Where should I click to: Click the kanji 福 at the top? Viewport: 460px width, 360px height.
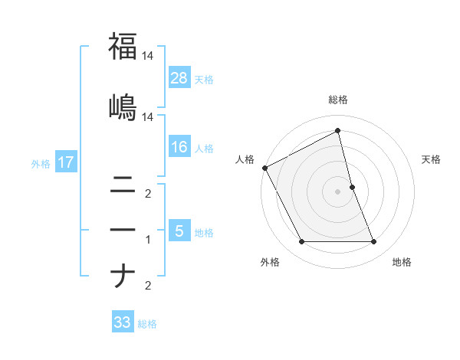pyautogui.click(x=123, y=46)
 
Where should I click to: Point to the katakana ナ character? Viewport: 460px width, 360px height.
pyautogui.click(x=123, y=275)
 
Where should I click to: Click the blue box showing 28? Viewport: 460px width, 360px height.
pyautogui.click(x=179, y=78)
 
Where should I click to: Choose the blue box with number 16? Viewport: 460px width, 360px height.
pyautogui.click(x=179, y=148)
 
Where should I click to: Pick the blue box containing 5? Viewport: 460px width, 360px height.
pyautogui.click(x=179, y=231)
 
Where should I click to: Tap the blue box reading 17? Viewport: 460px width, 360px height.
pyautogui.click(x=65, y=162)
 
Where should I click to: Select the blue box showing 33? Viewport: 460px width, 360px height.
pyautogui.click(x=123, y=322)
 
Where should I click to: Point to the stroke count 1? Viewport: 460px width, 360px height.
pyautogui.click(x=148, y=240)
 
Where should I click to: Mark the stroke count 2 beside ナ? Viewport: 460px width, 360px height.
pyautogui.click(x=148, y=286)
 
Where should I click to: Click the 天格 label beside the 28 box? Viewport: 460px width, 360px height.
pyautogui.click(x=204, y=79)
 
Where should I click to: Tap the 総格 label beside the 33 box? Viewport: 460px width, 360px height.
pyautogui.click(x=147, y=324)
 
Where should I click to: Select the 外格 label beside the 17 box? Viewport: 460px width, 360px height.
pyautogui.click(x=41, y=163)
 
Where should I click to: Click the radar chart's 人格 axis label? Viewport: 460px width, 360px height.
pyautogui.click(x=245, y=159)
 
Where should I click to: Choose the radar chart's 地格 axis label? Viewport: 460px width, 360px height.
pyautogui.click(x=402, y=262)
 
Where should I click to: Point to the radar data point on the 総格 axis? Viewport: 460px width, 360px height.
pyautogui.click(x=338, y=131)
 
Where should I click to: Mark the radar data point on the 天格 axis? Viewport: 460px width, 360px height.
pyautogui.click(x=352, y=186)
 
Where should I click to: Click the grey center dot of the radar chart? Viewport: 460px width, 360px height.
pyautogui.click(x=338, y=191)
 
